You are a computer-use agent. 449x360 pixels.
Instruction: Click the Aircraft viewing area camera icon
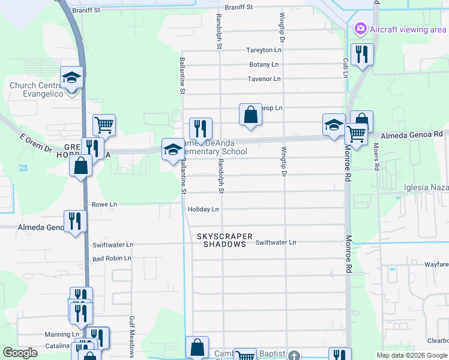pyautogui.click(x=360, y=28)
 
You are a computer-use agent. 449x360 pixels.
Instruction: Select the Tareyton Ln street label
pyautogui.click(x=264, y=50)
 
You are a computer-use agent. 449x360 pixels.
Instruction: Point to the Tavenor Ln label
pyautogui.click(x=264, y=79)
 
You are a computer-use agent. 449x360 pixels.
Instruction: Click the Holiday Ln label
pyautogui.click(x=203, y=209)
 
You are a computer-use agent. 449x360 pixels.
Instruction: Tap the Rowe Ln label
pyautogui.click(x=104, y=205)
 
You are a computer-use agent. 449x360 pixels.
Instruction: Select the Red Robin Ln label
pyautogui.click(x=111, y=258)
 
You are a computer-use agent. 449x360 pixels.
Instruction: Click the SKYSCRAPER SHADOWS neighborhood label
pyautogui.click(x=225, y=241)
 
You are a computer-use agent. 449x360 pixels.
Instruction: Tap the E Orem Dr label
pyautogui.click(x=36, y=143)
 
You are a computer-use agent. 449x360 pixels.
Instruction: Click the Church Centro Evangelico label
pyautogui.click(x=37, y=89)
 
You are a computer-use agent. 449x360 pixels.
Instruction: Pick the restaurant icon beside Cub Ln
pyautogui.click(x=361, y=55)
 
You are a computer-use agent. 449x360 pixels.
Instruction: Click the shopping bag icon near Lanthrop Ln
pyautogui.click(x=250, y=115)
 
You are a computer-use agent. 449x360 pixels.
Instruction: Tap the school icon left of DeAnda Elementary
pyautogui.click(x=173, y=149)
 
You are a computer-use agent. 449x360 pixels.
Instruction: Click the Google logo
pyautogui.click(x=20, y=353)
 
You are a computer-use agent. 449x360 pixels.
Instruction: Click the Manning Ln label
pyautogui.click(x=62, y=334)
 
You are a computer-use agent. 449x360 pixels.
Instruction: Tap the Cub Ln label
pyautogui.click(x=346, y=67)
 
